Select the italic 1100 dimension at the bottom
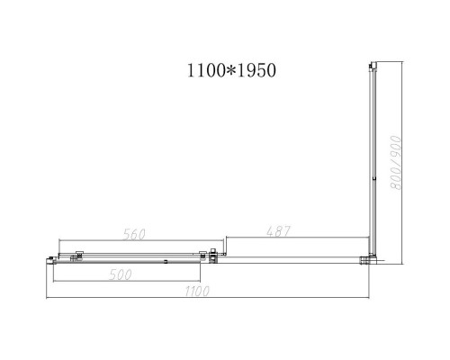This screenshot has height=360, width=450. coord(198,291)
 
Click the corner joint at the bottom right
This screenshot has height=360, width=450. coord(370,260)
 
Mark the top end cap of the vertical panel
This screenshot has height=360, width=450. coord(371,64)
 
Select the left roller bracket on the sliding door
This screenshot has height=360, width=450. coord(79,255)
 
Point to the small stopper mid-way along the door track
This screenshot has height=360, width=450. coord(166,261)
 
